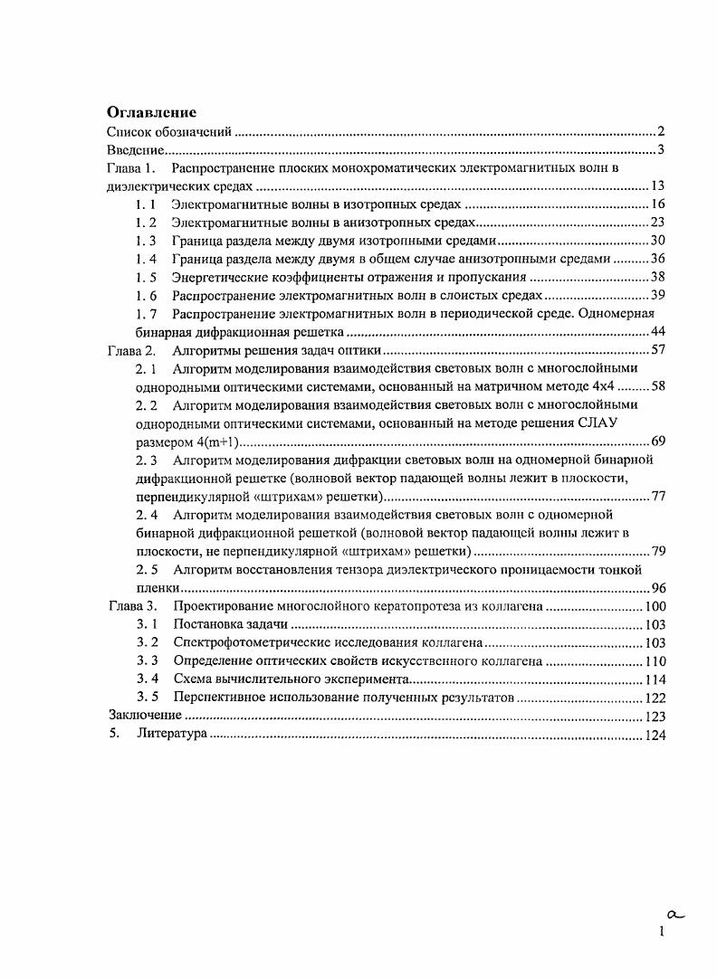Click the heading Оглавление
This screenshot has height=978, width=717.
tap(151, 113)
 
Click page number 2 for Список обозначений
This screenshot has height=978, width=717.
tap(662, 132)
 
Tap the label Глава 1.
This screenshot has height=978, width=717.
tap(132, 168)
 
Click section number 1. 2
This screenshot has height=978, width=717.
tap(146, 223)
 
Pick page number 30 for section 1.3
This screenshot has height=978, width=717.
tap(658, 241)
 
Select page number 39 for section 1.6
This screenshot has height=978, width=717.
tap(658, 295)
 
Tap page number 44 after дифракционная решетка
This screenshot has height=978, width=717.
tap(658, 332)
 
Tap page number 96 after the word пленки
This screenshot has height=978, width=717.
tap(658, 587)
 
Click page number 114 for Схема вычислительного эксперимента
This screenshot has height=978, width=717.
tap(655, 679)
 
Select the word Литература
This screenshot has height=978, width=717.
tap(172, 735)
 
